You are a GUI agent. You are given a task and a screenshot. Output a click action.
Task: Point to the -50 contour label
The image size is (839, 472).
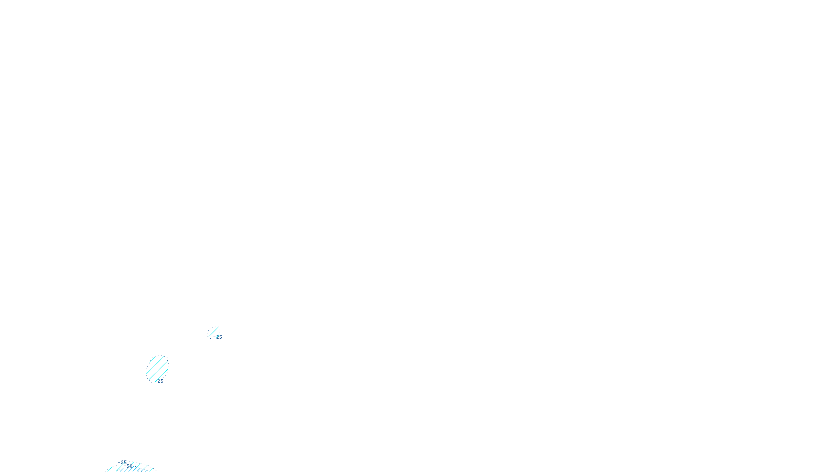coord(129,466)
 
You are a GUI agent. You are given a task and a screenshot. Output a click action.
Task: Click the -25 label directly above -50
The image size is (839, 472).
coord(123,462)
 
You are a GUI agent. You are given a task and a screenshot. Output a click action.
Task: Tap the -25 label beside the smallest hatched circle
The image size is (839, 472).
coord(219,337)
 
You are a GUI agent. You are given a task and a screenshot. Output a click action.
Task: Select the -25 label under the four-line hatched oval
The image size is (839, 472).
coord(160,381)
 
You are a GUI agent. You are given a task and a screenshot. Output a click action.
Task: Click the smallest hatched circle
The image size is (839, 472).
coord(214,332)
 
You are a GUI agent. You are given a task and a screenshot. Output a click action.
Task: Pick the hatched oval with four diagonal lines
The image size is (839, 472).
coord(157,369)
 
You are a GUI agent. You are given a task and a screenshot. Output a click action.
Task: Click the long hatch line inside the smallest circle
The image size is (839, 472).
coord(213,331)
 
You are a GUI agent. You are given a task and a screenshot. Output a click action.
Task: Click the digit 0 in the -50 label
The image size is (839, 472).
coord(131,466)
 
